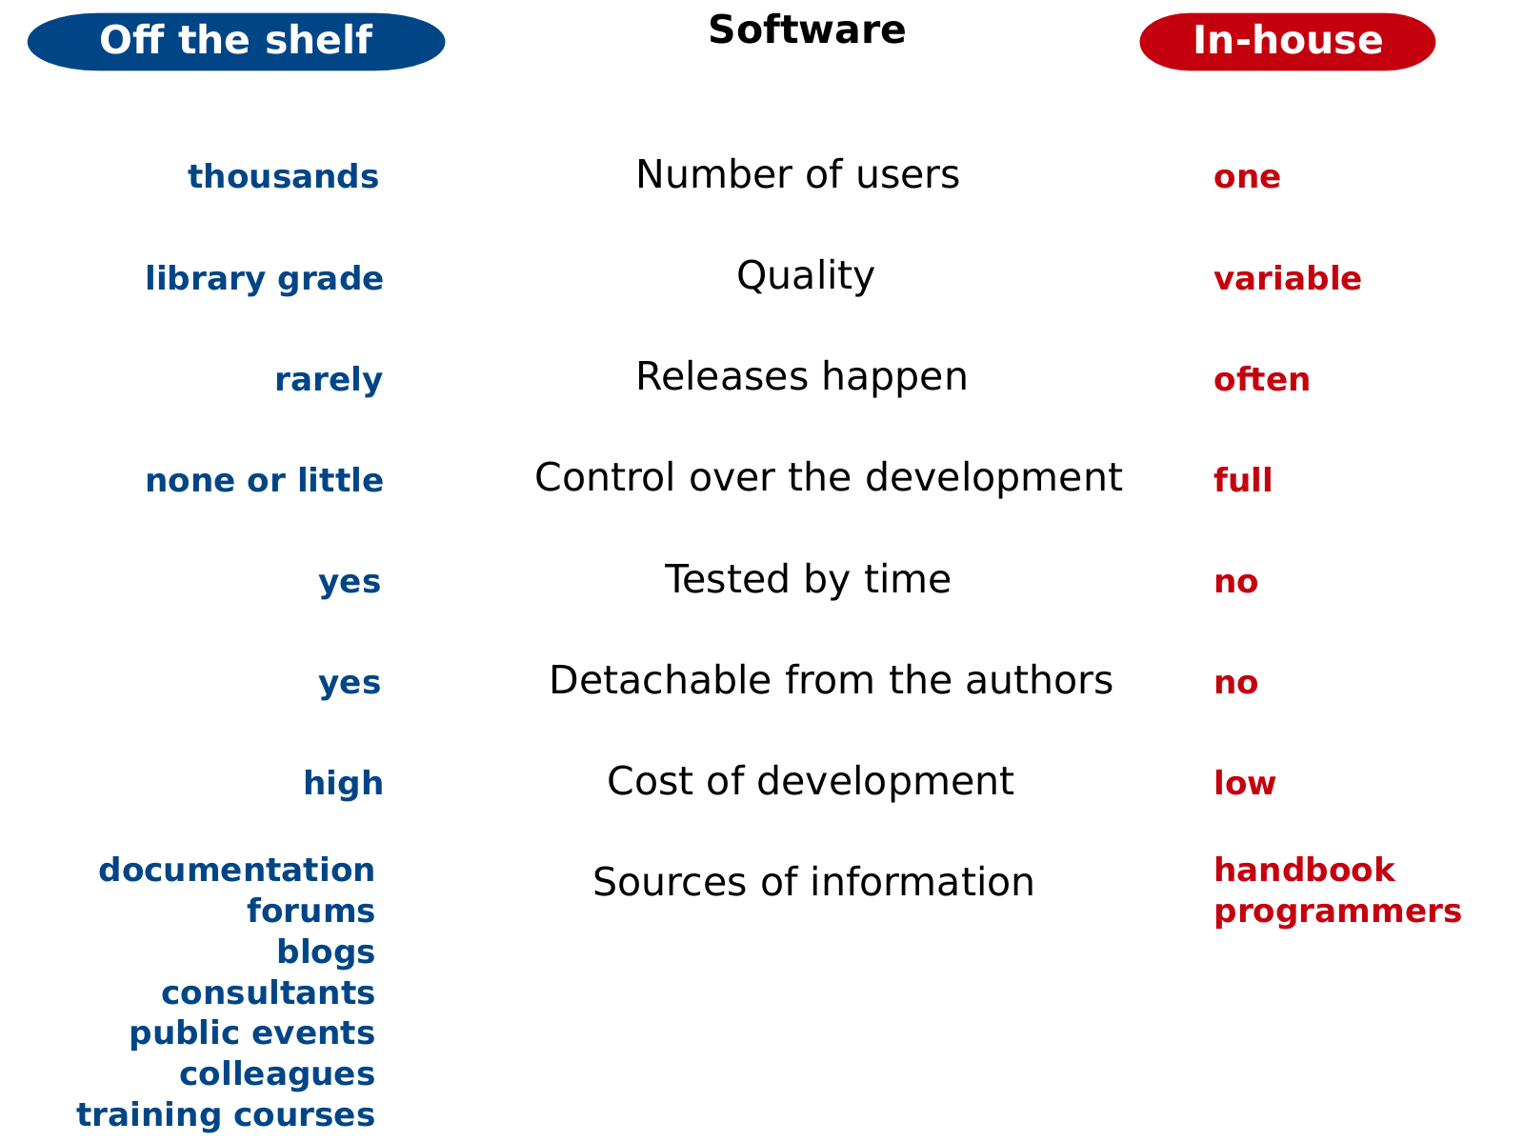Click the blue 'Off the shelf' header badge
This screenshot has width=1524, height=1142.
tap(236, 42)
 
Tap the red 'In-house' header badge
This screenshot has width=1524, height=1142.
tap(1287, 42)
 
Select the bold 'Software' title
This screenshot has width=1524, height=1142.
tap(807, 30)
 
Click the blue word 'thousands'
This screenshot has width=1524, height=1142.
tap(283, 176)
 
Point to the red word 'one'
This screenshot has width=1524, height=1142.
tap(1247, 178)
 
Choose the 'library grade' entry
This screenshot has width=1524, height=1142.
tap(264, 279)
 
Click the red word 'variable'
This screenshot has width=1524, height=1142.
tap(1287, 278)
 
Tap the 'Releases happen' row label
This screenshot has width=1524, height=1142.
tap(801, 377)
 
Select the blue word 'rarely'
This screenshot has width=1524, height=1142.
tap(329, 380)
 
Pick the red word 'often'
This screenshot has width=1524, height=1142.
tap(1261, 380)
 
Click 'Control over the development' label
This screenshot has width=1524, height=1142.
tap(829, 477)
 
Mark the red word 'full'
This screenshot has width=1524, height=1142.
tap(1243, 480)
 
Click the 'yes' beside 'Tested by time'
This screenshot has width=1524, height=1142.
tap(350, 583)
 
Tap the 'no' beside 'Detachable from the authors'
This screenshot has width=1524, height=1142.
tap(1235, 683)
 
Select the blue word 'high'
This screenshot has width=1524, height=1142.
tap(343, 784)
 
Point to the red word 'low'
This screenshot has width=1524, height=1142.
tap(1244, 783)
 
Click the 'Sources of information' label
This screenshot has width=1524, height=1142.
tap(813, 882)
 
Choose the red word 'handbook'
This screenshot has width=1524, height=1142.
tap(1304, 871)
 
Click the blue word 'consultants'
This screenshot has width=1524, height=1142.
tap(268, 993)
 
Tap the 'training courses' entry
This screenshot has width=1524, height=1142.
tap(226, 1116)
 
